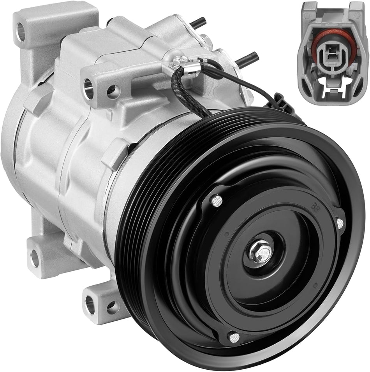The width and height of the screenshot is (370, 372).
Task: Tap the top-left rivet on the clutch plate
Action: tap(217, 200)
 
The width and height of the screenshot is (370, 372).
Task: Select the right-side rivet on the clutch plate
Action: tap(340, 223)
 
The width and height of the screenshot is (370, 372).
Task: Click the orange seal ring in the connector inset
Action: tap(333, 39)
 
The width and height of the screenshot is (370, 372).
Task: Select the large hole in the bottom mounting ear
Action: tap(90, 304)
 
